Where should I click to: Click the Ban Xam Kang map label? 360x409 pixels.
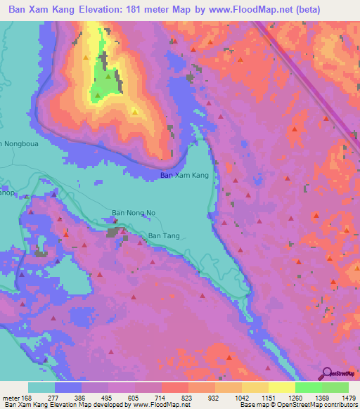(184, 175)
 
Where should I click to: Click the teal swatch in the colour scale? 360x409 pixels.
(41, 387)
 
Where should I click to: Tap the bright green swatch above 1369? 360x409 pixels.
(308, 387)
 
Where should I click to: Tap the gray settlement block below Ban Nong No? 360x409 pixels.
(113, 231)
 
